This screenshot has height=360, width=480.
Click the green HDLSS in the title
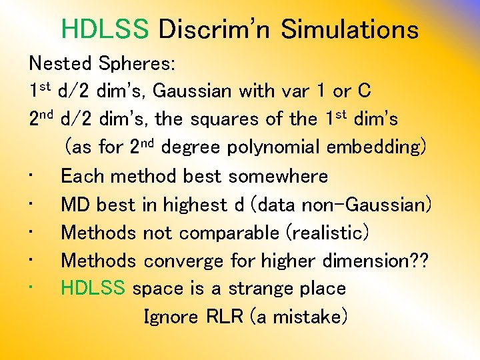pos(105,29)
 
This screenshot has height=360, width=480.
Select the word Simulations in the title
pos(349,29)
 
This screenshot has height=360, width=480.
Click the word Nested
pos(60,63)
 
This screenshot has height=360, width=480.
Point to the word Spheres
pos(137,65)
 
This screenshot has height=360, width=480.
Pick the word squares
pos(251,120)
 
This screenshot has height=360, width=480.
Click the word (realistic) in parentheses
pos(327,233)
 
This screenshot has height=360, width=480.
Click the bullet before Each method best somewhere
pos(32,176)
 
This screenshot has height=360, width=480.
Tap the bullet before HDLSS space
pos(32,289)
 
